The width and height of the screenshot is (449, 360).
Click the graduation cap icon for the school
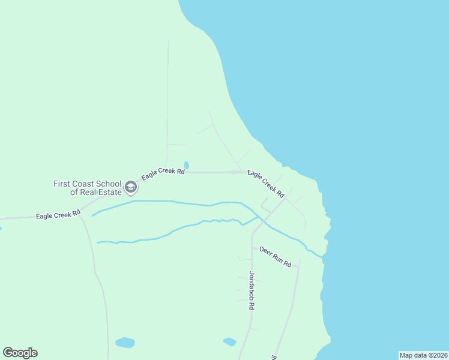(130, 188)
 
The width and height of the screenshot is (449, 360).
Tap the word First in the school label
(62, 184)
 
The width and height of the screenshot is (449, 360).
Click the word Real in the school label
(89, 192)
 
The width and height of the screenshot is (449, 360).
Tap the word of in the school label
(74, 192)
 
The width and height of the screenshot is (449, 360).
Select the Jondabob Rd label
(252, 290)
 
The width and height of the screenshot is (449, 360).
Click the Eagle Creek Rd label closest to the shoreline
(265, 184)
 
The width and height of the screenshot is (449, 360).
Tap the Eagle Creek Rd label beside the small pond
(163, 174)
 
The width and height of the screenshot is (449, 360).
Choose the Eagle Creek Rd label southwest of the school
(58, 214)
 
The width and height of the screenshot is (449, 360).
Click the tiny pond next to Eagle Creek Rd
(186, 165)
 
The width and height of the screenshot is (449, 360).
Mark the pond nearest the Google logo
(125, 343)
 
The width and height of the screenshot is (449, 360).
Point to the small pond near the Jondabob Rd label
(229, 341)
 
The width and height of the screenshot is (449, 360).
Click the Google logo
(20, 353)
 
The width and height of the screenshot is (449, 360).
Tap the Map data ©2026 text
(423, 355)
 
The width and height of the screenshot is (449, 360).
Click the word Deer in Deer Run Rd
(266, 253)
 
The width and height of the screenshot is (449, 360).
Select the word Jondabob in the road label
(252, 286)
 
